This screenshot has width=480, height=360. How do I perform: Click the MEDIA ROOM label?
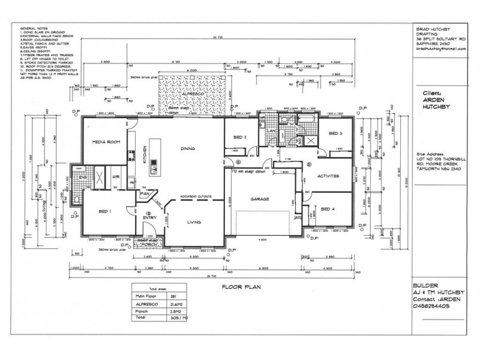[x=103, y=142]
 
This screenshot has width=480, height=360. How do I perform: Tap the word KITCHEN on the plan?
[x=144, y=156]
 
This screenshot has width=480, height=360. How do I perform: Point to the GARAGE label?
[x=260, y=199]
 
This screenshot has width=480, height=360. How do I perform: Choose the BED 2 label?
[x=239, y=137]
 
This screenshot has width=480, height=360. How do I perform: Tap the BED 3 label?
[x=335, y=133]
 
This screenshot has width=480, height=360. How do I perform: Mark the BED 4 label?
[x=327, y=209]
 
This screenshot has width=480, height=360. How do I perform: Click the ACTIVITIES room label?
[x=329, y=176]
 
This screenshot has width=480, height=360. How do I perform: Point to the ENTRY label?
[x=149, y=220]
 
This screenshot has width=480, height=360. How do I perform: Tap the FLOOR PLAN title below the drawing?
[x=239, y=287]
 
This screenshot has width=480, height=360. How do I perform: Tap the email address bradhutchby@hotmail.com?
[x=440, y=49]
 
